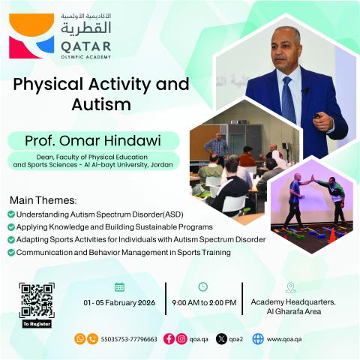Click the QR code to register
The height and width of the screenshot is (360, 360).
(x=37, y=301)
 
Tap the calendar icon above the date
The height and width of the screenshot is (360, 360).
(x=119, y=286)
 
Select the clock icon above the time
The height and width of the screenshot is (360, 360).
(x=203, y=286)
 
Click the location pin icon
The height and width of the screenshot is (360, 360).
(x=291, y=287)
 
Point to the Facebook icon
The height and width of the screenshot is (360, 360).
(x=169, y=339)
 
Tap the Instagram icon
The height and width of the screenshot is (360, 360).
(x=181, y=339)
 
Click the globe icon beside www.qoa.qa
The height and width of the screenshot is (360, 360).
(x=258, y=339)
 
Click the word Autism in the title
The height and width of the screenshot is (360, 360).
(x=100, y=106)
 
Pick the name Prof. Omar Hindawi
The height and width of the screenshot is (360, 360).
(x=93, y=141)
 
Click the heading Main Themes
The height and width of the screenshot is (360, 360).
(x=43, y=201)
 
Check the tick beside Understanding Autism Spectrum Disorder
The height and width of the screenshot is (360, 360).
(x=10, y=214)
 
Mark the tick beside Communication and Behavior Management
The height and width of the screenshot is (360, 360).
(x=10, y=252)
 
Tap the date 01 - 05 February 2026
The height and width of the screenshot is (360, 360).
(x=119, y=302)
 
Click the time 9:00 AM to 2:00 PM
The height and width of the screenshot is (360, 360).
(x=204, y=302)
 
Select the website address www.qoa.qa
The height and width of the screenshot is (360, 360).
(x=284, y=339)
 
